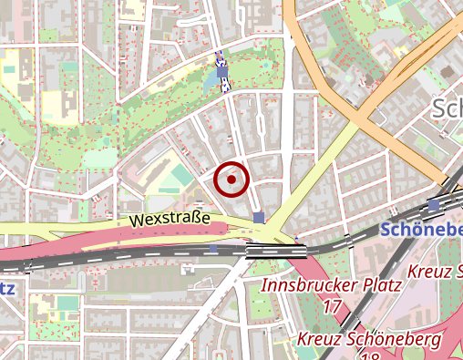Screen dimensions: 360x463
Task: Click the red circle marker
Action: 232,180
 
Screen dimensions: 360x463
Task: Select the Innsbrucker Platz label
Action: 332,285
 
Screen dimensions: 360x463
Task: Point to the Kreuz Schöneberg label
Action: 369,339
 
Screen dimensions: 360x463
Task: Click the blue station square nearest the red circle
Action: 260,218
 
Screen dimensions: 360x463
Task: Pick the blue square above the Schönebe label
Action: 433,207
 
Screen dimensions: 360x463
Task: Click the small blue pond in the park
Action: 214,80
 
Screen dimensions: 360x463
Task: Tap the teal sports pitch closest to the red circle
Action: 182,174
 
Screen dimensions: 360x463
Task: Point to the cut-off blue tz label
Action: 6,289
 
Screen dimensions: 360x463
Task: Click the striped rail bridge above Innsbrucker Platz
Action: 275,251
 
